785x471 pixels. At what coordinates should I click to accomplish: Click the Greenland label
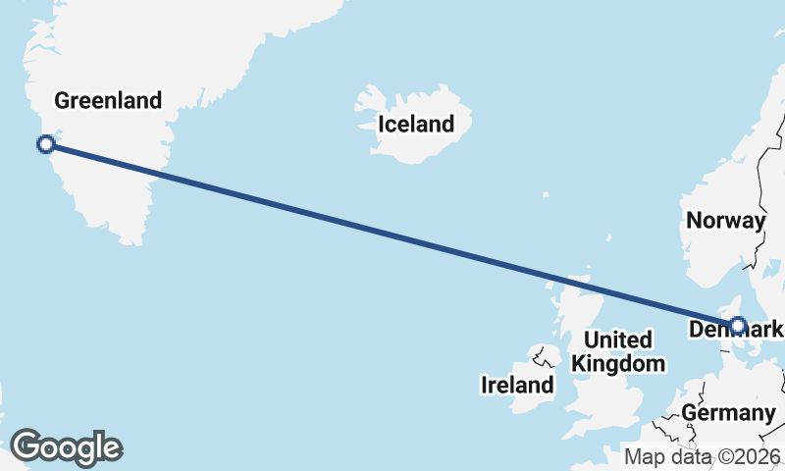coord(108,100)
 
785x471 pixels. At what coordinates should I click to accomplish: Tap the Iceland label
coord(417,125)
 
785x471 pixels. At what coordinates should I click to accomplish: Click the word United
coord(618,340)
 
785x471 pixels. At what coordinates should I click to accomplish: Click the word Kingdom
coord(618,364)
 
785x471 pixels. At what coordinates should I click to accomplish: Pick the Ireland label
coord(517,386)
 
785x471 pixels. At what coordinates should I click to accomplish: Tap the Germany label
coord(728,413)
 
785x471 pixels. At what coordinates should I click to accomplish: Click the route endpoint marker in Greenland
coord(45,145)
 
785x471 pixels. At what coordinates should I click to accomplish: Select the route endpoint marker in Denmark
coord(738,325)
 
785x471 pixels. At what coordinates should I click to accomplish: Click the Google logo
coord(66,447)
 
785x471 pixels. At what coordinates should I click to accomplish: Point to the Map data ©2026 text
coord(702,456)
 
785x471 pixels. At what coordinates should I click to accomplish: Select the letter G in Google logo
coord(26,446)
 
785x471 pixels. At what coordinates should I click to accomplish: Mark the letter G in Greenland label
coord(62,100)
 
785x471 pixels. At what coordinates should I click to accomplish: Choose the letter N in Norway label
coord(693,221)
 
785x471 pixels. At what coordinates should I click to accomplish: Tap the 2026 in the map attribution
coord(760,456)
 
